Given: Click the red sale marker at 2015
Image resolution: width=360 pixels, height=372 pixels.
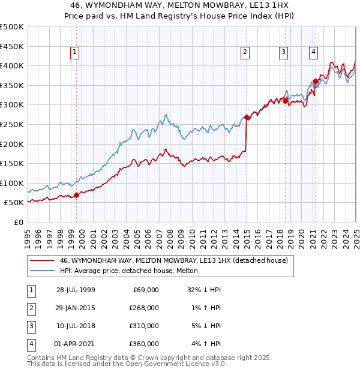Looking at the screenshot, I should point(247,118).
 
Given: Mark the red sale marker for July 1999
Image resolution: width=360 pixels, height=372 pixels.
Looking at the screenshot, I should point(76,195).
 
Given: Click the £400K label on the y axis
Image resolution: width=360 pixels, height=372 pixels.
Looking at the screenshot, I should point(12,65).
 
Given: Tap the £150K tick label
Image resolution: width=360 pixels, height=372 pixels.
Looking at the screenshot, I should point(12,163).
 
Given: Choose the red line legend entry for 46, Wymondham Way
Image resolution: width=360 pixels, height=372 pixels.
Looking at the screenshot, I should point(174,261).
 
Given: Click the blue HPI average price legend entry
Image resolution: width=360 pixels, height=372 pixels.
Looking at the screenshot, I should point(132,271).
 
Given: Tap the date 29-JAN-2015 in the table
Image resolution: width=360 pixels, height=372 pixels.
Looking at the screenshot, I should point(76,308).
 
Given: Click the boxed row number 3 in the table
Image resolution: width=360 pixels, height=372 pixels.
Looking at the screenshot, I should point(29,326).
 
